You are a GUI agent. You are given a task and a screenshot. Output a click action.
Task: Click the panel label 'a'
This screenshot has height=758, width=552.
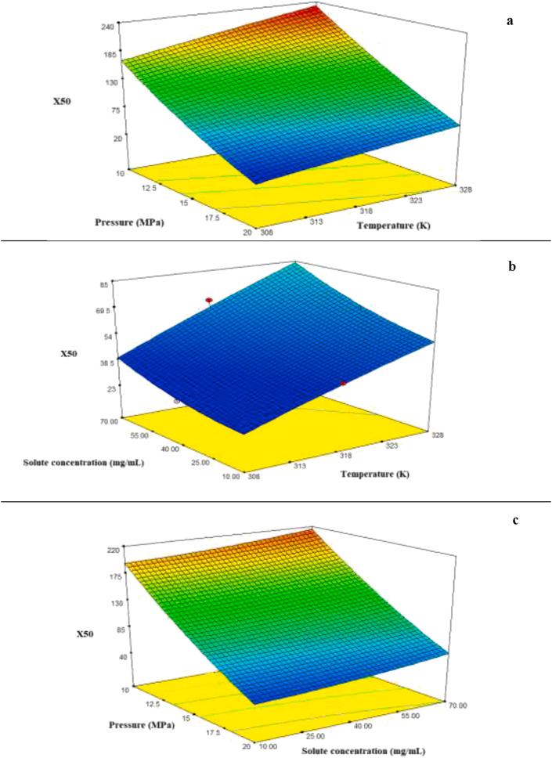[x=510, y=21]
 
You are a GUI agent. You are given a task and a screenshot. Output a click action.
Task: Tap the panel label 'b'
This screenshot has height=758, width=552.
[x=511, y=267]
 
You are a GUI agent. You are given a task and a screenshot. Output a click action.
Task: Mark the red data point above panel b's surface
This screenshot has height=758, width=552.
[x=209, y=300]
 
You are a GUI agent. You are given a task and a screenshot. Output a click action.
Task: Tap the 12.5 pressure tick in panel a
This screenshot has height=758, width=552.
[x=151, y=188]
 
